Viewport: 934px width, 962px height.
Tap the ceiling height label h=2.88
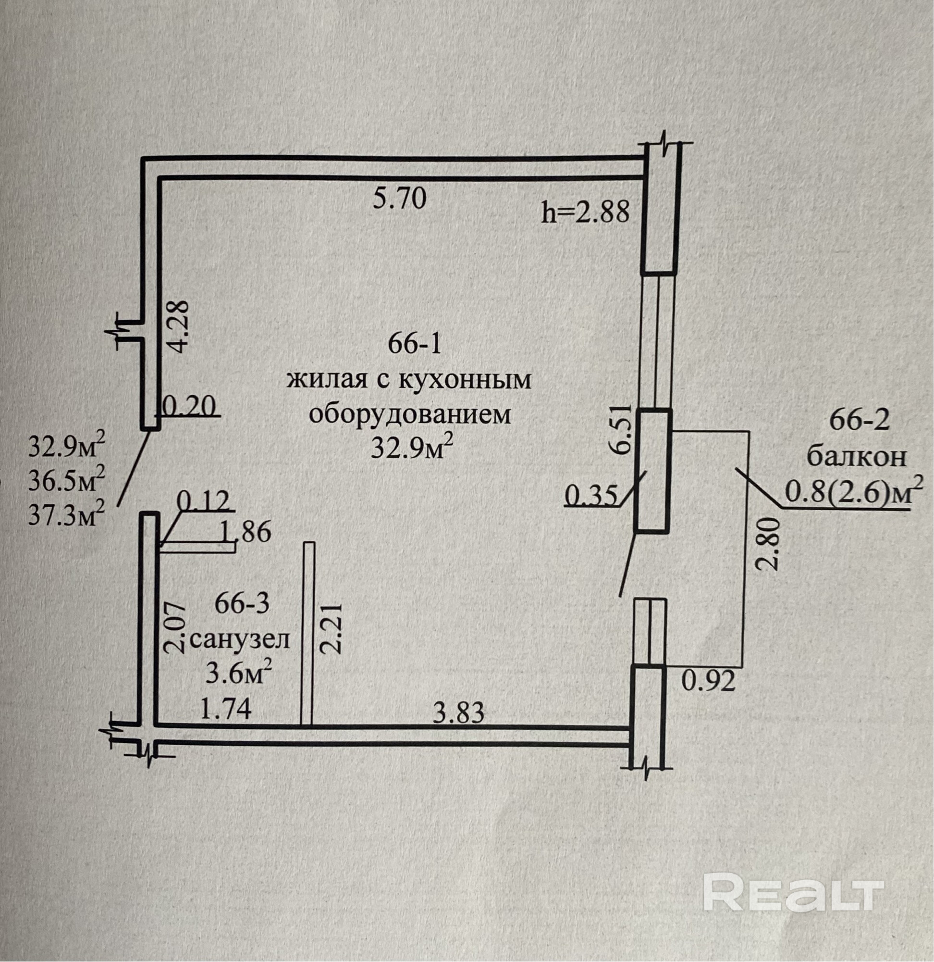[585, 213]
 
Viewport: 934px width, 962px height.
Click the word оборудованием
[410, 414]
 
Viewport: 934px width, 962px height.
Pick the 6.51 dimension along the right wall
[618, 431]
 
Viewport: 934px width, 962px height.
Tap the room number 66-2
[859, 420]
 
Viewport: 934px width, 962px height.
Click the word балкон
[857, 457]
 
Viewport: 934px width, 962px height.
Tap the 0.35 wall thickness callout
[590, 495]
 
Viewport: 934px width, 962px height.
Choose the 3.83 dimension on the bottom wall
[459, 712]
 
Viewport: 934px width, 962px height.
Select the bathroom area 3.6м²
[239, 675]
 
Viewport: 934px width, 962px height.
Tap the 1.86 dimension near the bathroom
[246, 532]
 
